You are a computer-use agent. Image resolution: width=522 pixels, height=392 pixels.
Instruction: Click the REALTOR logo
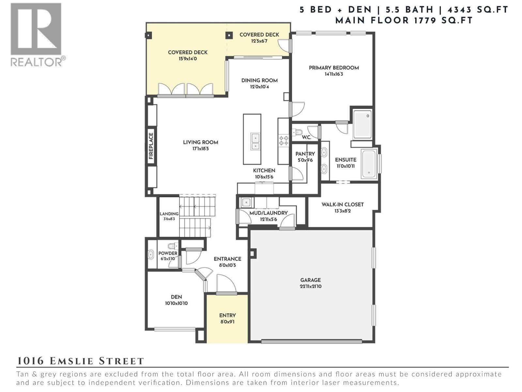tap(36, 34)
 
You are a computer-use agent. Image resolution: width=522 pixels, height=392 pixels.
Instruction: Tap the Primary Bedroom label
tap(334, 68)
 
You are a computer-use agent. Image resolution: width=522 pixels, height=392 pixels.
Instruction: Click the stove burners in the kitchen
tap(283, 141)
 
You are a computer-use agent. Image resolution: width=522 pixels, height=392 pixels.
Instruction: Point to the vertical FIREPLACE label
tap(151, 146)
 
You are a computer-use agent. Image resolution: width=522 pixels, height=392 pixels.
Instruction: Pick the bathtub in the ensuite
tap(369, 164)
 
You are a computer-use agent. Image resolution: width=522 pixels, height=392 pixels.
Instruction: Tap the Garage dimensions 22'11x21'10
tap(311, 286)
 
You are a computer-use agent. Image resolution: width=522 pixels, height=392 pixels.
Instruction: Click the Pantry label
tap(305, 154)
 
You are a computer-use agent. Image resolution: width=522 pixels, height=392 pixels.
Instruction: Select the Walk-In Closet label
tap(342, 204)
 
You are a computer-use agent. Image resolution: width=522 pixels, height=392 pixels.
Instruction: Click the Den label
tap(176, 297)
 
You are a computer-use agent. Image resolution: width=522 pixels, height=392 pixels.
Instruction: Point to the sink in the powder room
tap(151, 254)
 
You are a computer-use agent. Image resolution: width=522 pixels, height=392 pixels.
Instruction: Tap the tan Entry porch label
tap(227, 316)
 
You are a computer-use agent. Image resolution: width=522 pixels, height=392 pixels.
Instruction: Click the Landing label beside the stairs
tap(169, 214)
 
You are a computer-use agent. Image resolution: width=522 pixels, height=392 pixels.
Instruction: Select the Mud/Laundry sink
tap(246, 203)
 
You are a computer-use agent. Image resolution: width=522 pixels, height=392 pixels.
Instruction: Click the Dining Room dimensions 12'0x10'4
tap(259, 87)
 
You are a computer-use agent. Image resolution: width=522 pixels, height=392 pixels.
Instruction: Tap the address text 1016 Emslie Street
tap(80, 361)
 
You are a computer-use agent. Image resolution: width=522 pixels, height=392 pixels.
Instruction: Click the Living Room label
tap(200, 142)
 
